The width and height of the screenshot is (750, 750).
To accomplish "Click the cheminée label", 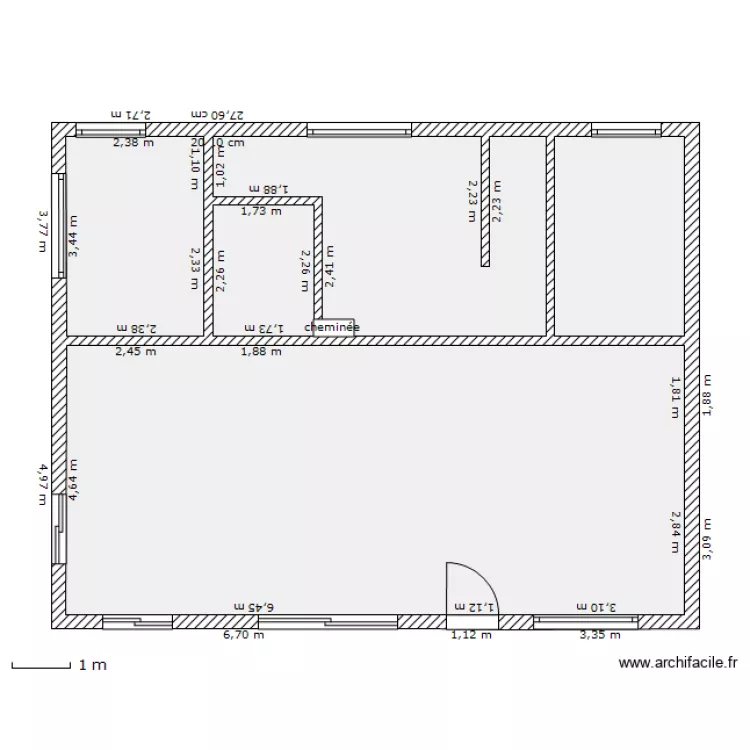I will pos(332,327).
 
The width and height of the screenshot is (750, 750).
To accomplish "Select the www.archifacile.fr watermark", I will pos(678,662).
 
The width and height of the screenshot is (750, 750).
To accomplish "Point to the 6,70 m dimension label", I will pos(244,634).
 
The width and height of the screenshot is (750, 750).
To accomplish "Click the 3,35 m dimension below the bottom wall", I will pos(600,634).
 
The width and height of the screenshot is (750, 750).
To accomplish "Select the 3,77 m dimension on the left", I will pos(43,229).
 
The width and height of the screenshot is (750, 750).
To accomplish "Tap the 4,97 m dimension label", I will pos(43,483).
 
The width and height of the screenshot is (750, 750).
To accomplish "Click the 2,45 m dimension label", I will pos(135,351).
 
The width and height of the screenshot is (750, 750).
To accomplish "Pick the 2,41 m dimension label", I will pos(329,267).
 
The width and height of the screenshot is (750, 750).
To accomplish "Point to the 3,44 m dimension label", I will pos(73,237).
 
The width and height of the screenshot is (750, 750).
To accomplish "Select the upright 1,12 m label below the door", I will pos(471,634).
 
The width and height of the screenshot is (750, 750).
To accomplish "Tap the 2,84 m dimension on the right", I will pos(675,531).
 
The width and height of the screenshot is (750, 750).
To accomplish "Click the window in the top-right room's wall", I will pos(626,130).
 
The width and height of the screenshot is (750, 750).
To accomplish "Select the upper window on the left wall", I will pos(59,221).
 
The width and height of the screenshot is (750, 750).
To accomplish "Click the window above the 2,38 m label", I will pos(111,130).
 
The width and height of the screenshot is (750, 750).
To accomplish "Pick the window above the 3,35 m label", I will pos(585,622).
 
